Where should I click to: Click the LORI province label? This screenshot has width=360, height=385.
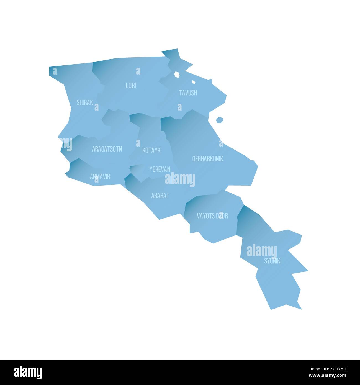tap(131, 86)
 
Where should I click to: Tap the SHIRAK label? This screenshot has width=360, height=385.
tap(85, 102)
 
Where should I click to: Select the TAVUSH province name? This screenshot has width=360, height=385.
tap(188, 93)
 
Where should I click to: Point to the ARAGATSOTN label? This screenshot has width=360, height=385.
tap(107, 149)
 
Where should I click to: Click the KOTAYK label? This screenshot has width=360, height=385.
tap(151, 150)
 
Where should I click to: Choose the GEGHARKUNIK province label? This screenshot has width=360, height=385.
tap(207, 159)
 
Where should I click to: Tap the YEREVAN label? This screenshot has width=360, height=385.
tap(160, 169)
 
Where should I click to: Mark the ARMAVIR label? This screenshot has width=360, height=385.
tap(100, 176)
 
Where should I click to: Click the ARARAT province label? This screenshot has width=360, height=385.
tap(160, 196)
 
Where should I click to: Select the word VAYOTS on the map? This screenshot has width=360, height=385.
tap(205, 216)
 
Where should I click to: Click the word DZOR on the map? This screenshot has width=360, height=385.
tap(222, 216)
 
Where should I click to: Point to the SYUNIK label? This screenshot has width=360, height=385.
tap(272, 261)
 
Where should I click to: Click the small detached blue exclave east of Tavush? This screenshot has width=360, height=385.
tap(220, 120)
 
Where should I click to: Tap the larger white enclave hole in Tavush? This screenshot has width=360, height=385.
tap(177, 74)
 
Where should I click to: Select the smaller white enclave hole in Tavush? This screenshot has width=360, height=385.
tap(194, 82)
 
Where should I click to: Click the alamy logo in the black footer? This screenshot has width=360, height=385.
tap(28, 372)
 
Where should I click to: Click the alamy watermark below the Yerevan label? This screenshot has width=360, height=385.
tap(180, 179)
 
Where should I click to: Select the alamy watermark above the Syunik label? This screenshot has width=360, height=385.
tap(261, 251)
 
